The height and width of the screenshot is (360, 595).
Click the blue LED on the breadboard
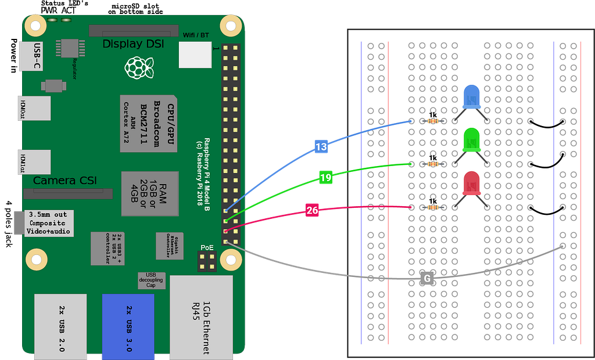coord(471,98)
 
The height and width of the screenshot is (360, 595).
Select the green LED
coord(471,140)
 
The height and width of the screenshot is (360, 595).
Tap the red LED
coord(471,183)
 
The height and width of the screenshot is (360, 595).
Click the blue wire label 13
coord(321,147)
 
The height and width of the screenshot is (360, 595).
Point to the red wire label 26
coord(312,210)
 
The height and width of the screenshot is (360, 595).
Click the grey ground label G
coord(427,279)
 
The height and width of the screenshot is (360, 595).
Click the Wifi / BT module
coord(195,55)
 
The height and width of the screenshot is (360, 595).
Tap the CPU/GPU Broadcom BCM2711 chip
coord(148,123)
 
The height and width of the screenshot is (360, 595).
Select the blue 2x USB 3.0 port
coord(128,325)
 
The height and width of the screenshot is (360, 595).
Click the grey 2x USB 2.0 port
coord(60,325)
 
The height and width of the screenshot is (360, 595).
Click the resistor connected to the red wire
coord(432,207)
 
